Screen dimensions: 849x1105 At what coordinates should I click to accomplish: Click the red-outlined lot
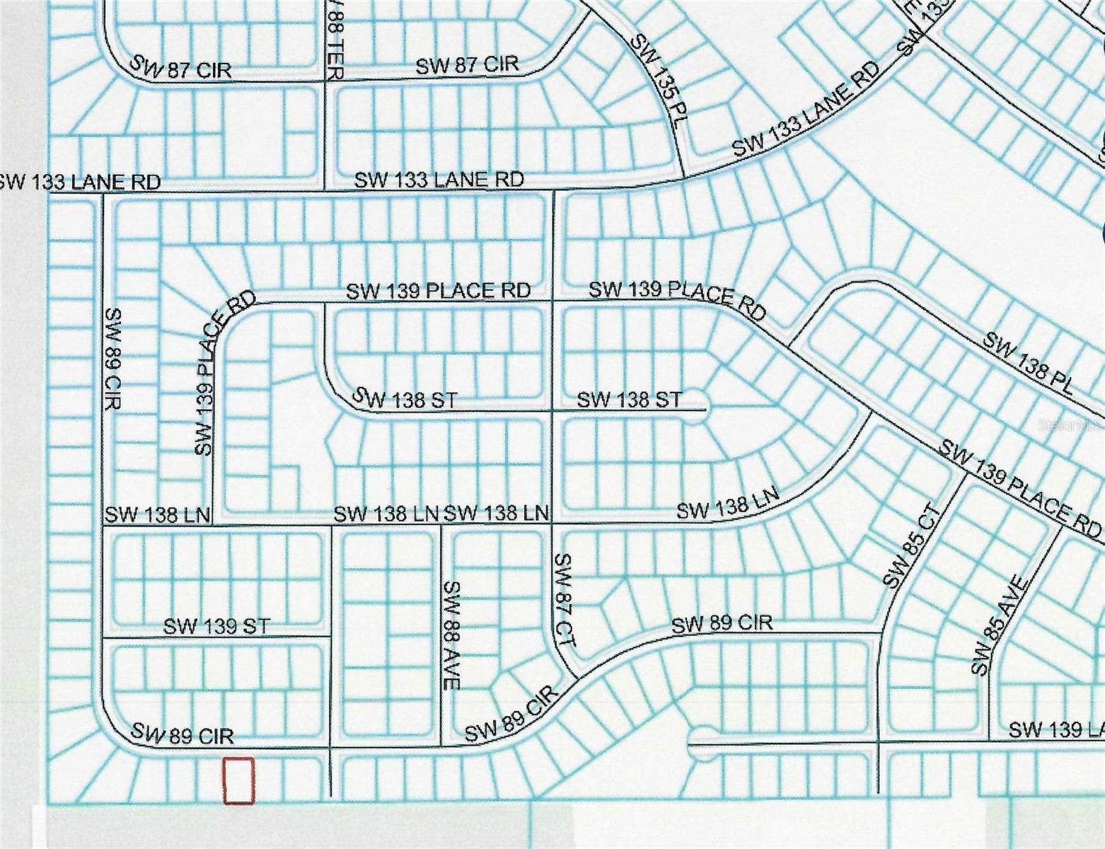[238, 780]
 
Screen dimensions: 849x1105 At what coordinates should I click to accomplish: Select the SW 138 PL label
[1028, 363]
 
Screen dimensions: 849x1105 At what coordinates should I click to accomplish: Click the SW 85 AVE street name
[998, 625]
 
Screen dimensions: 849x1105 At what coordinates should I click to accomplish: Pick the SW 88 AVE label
[452, 635]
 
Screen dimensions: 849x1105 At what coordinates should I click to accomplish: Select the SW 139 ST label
[216, 626]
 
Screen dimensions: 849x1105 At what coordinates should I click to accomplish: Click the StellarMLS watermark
[1069, 426]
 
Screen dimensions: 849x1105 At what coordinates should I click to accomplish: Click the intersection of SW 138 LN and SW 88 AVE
[441, 524]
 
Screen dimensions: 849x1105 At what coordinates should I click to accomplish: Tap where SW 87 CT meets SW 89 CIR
[574, 676]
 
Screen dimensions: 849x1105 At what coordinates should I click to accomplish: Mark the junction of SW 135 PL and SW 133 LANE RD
[682, 178]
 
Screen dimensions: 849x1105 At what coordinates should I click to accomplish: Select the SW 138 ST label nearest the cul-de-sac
[630, 400]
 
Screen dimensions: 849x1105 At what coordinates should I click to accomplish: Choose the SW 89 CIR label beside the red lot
[182, 734]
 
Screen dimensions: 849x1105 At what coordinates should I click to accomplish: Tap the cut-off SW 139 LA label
[1055, 729]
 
